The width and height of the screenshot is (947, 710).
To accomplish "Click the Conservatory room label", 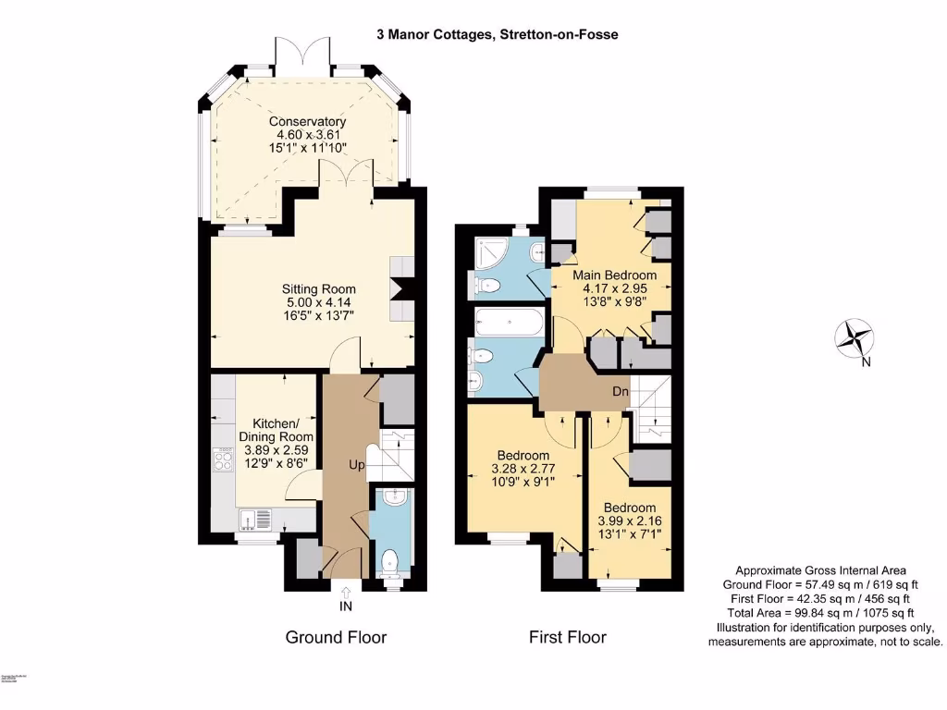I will (x=308, y=121).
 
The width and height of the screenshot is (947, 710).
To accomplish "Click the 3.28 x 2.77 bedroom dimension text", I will (x=523, y=470).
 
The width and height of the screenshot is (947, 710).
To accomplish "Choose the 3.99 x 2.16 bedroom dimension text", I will (x=630, y=521).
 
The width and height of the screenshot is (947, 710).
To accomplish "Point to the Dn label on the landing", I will (x=621, y=392).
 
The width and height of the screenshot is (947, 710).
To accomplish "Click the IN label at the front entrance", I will (x=345, y=606).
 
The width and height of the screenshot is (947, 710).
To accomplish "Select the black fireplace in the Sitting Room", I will (x=399, y=289).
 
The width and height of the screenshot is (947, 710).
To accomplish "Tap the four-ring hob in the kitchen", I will (x=223, y=459).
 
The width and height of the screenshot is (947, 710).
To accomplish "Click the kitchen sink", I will (x=256, y=518).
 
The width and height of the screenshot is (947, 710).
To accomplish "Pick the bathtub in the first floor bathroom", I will (x=505, y=324).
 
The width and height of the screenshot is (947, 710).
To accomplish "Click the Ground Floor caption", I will (x=336, y=637).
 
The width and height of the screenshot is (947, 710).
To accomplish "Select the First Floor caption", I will (x=567, y=637).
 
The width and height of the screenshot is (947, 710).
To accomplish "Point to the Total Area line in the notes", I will (x=819, y=612).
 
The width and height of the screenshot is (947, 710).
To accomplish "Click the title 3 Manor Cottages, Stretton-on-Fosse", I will (x=497, y=34).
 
